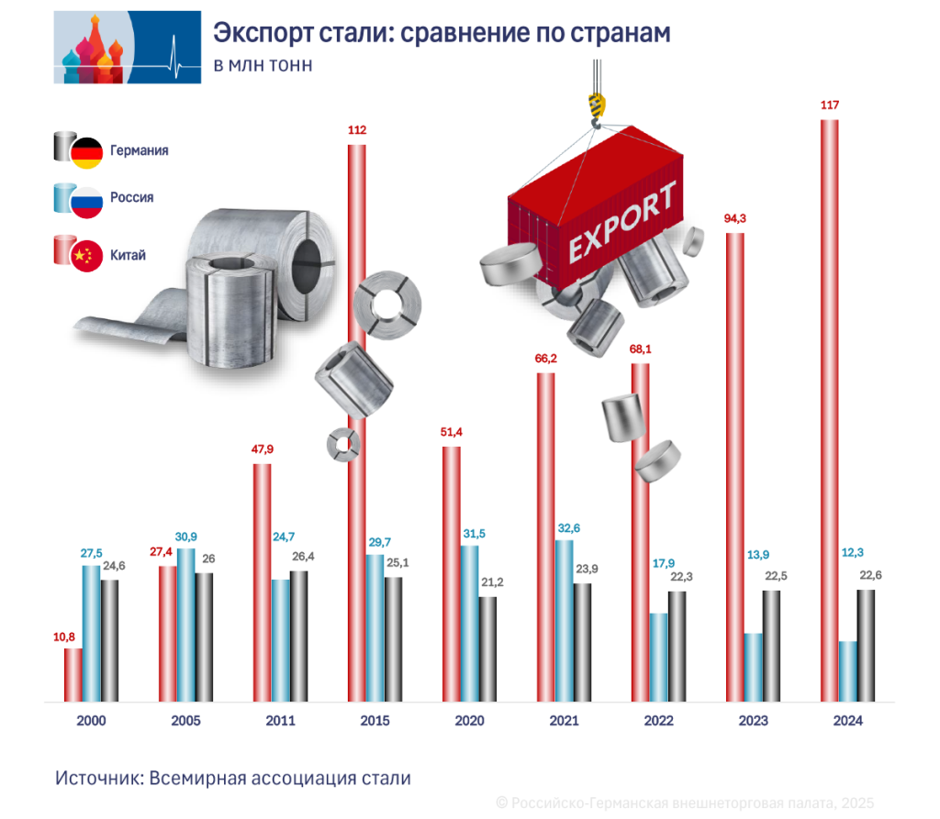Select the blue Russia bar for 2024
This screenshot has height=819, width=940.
coord(847,671)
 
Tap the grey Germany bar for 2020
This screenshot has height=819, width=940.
coord(487,649)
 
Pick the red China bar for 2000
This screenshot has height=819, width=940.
coord(73,675)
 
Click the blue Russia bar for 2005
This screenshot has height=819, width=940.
coord(185,625)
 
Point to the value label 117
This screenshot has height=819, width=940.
coord(829,105)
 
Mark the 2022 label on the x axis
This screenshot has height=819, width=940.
coord(658,721)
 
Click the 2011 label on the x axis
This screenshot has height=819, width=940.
coord(280,721)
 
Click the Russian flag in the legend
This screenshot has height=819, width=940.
coord(87,203)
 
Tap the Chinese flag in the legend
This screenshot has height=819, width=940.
coord(87,256)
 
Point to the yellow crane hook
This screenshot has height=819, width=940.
coord(597,107)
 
